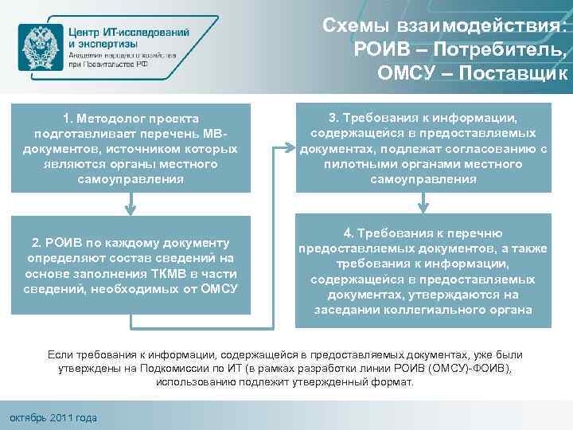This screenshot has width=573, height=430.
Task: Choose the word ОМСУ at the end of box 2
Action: [x=219, y=289]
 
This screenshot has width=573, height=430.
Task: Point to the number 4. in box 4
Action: [x=349, y=233]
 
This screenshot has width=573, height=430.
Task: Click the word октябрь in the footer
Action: [x=26, y=417]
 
